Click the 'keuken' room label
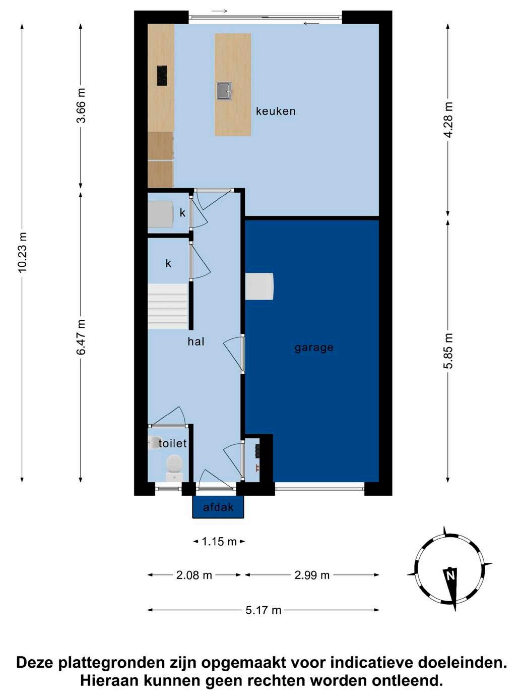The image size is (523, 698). point(276,111)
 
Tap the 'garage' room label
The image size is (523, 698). point(314,348)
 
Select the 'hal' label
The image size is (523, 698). point(196,341)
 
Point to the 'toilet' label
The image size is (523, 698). point(172,443)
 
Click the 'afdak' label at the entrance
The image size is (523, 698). point(218,507)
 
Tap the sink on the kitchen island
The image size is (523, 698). point(225,91)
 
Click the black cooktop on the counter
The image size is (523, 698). point(162,75)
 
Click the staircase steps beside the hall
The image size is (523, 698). point(168,307)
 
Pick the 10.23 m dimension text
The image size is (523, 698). point(23,253)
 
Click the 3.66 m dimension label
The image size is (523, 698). point(81,105)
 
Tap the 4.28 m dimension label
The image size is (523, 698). point(448,120)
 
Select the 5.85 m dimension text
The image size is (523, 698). point(448,351)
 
